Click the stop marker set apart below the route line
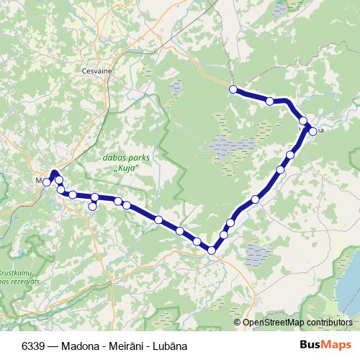click(92, 207)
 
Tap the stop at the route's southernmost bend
click(212, 251)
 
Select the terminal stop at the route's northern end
click(233, 89)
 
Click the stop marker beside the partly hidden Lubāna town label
click(313, 130)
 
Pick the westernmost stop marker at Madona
click(46, 183)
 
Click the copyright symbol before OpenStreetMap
click(238, 323)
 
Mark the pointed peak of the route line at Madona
click(54, 172)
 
